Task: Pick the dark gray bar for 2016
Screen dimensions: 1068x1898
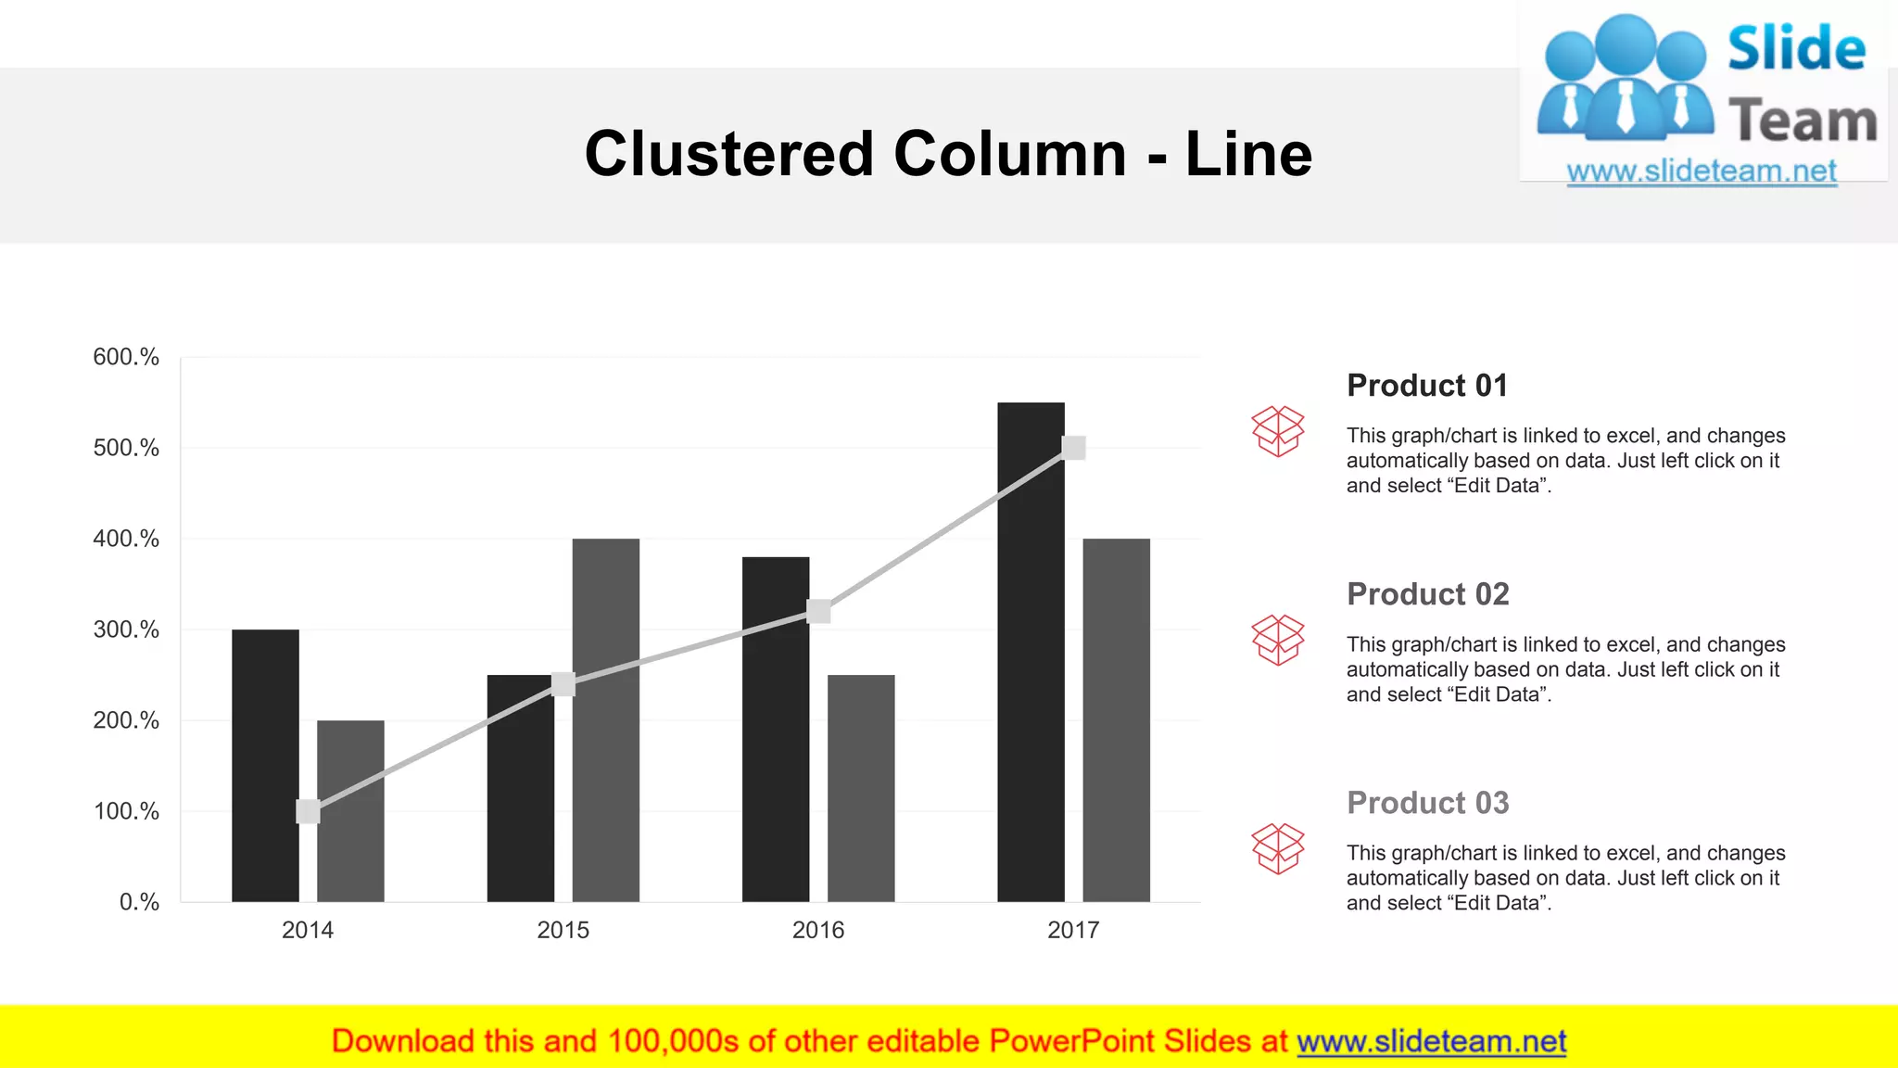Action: tap(861, 788)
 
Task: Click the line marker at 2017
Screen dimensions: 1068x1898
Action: tap(1073, 448)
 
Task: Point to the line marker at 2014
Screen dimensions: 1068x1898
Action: tap(308, 811)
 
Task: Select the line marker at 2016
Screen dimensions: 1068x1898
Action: tap(818, 611)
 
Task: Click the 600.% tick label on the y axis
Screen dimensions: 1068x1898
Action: tap(126, 357)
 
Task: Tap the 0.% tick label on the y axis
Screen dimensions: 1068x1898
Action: tap(139, 902)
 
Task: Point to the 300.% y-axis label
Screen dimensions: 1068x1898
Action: tap(126, 629)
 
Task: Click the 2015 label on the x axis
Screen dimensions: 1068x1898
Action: tap(563, 930)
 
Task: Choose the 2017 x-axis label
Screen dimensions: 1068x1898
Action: tap(1073, 930)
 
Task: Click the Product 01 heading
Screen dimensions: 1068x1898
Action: tap(1427, 386)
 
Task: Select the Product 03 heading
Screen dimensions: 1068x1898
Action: tap(1427, 803)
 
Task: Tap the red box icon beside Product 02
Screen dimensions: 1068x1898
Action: tap(1277, 640)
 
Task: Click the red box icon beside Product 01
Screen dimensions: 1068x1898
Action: tap(1277, 431)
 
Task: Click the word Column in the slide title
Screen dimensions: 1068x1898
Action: tap(1010, 154)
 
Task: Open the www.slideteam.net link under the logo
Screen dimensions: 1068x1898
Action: tap(1702, 172)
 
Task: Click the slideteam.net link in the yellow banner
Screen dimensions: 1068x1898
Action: tap(1431, 1042)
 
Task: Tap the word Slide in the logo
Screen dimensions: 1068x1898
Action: tap(1796, 48)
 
